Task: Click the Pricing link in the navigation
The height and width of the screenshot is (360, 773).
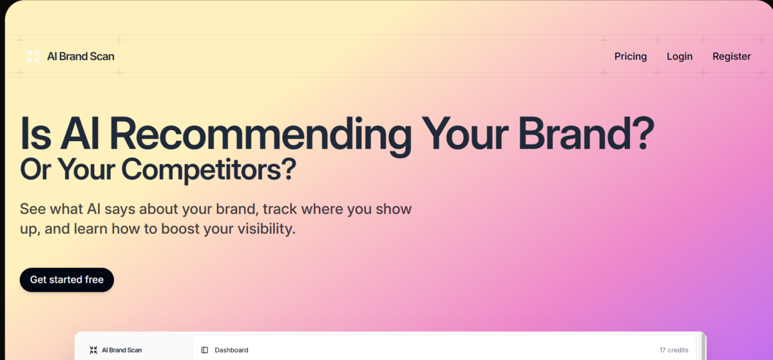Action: pyautogui.click(x=630, y=56)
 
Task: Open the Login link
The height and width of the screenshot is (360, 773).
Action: pyautogui.click(x=680, y=56)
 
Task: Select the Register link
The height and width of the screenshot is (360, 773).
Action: pyautogui.click(x=731, y=56)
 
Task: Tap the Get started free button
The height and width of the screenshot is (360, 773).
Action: pyautogui.click(x=67, y=279)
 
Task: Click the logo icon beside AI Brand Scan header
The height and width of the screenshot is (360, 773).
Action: pyautogui.click(x=33, y=56)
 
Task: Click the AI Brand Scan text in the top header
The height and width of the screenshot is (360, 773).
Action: pyautogui.click(x=81, y=56)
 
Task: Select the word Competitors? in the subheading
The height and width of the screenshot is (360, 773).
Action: pyautogui.click(x=209, y=169)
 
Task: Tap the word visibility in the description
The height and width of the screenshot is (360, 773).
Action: pyautogui.click(x=262, y=229)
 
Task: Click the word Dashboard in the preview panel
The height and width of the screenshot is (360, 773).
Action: pyautogui.click(x=231, y=350)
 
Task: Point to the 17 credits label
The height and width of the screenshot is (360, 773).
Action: pyautogui.click(x=674, y=350)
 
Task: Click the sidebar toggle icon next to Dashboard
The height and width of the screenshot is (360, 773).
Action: pyautogui.click(x=205, y=350)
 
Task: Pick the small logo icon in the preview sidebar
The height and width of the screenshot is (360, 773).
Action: pyautogui.click(x=93, y=350)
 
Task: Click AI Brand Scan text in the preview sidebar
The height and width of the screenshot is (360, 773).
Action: pyautogui.click(x=122, y=350)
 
